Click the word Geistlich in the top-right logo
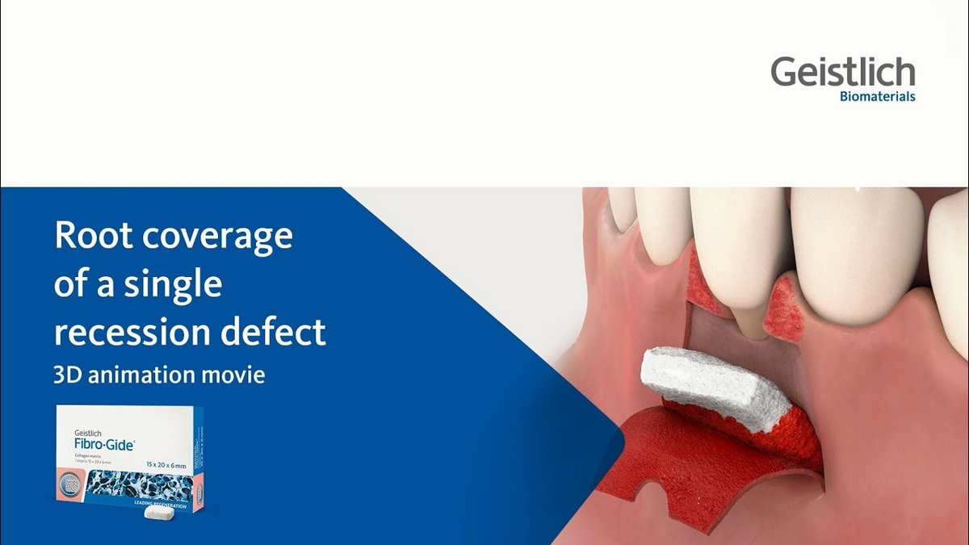842,72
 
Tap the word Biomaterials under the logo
877,97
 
